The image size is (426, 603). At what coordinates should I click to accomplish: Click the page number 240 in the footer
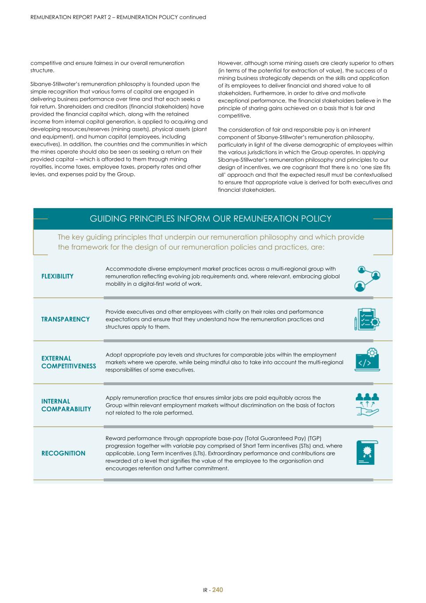[x=218, y=590]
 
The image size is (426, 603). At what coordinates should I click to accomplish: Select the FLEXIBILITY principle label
[x=57, y=276]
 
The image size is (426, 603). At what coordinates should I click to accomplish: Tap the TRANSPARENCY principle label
[x=65, y=319]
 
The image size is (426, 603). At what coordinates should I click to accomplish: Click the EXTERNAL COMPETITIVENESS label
[x=68, y=362]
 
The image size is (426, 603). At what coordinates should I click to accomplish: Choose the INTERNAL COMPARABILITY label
[x=66, y=405]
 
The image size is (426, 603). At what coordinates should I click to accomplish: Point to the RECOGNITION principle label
[x=63, y=453]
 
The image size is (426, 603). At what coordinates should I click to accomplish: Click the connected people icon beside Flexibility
[x=367, y=278]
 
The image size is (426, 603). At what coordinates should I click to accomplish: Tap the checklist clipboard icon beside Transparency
[x=367, y=319]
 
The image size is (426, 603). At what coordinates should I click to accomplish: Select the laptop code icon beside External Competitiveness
[x=367, y=360]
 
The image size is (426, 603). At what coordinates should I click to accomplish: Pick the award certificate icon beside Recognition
[x=367, y=452]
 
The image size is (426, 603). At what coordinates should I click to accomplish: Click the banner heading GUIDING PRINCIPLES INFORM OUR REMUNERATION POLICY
[x=211, y=219]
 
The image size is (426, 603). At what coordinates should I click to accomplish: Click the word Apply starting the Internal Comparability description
[x=113, y=398]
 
